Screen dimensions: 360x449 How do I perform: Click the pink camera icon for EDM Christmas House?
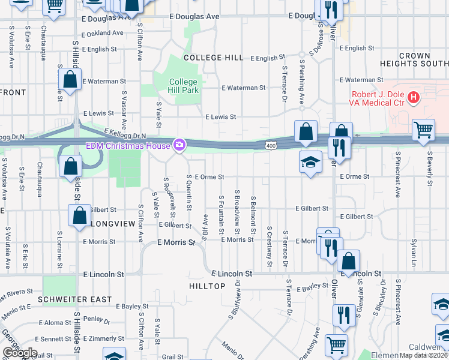[x=179, y=145]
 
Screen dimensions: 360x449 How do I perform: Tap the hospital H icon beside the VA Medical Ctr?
[x=413, y=97]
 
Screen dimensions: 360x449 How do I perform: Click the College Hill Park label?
[x=183, y=86]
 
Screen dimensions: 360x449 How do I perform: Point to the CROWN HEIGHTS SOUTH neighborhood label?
[x=415, y=59]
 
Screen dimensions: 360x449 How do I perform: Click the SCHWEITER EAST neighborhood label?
[x=74, y=299]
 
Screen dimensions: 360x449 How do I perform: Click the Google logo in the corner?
[x=19, y=353]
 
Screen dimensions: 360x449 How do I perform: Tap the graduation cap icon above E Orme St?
[x=310, y=162]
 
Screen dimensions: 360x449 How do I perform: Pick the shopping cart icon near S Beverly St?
[x=423, y=130]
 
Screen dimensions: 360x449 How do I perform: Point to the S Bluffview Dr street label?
[x=235, y=301]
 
